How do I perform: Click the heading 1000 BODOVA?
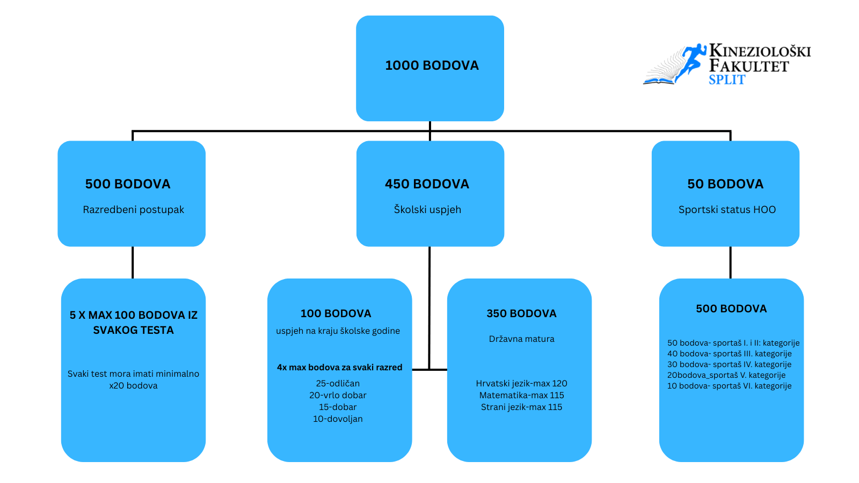[x=432, y=65]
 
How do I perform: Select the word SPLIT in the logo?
[x=727, y=80]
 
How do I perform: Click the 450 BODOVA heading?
[x=427, y=184]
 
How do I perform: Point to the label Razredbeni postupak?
[x=133, y=210]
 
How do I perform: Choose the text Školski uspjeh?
[x=427, y=210]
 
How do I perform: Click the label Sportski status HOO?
[x=727, y=210]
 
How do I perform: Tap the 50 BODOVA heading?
[x=725, y=184]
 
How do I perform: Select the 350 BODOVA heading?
[x=521, y=313]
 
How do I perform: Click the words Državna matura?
[x=521, y=339]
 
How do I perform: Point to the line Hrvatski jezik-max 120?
[x=521, y=384]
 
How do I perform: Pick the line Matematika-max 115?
[x=521, y=396]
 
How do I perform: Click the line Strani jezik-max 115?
[x=521, y=407]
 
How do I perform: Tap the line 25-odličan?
[x=338, y=384]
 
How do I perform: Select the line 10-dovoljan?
[x=338, y=419]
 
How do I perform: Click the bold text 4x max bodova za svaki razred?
[x=339, y=368]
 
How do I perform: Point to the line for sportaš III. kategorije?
[x=729, y=354]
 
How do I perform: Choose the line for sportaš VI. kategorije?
[x=729, y=386]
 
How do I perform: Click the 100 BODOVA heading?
[x=336, y=313]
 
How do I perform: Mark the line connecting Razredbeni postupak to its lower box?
[x=133, y=262]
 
